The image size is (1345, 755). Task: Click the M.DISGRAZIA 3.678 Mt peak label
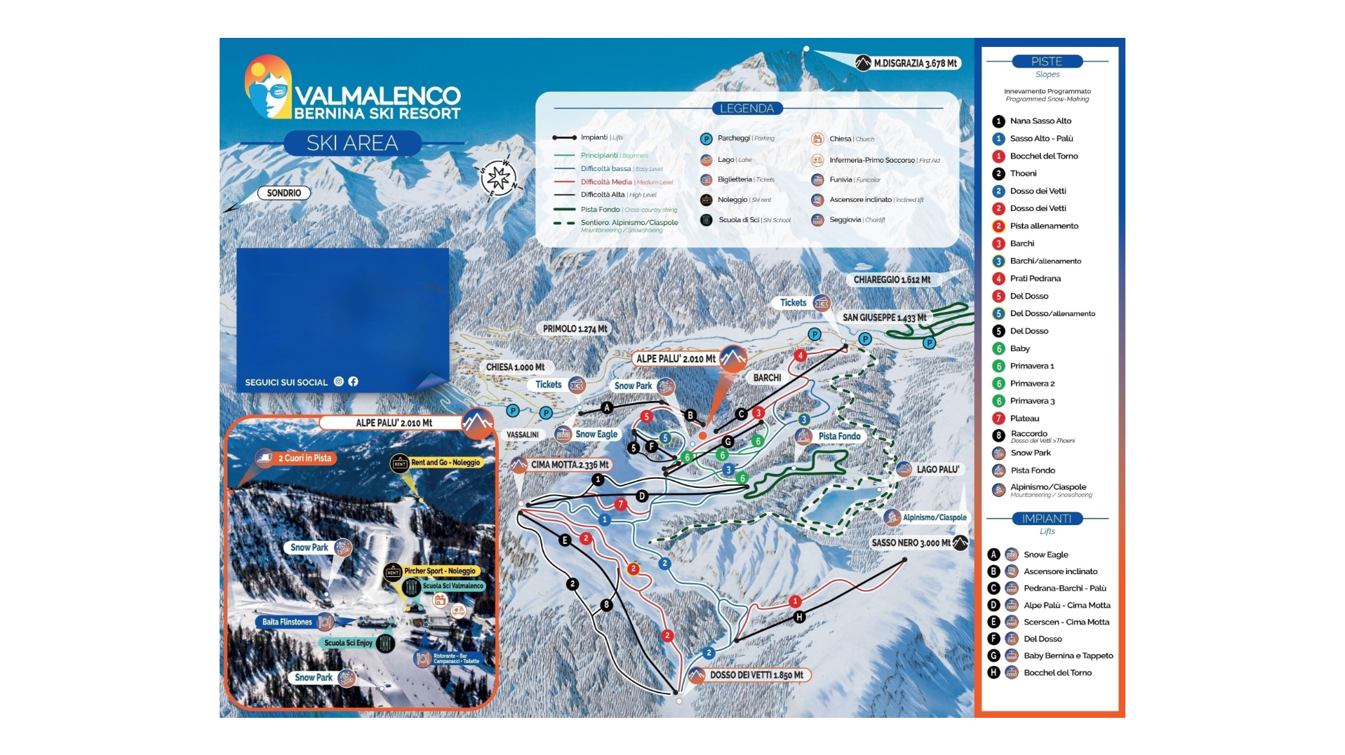[914, 63]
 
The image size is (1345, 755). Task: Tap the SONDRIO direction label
[283, 193]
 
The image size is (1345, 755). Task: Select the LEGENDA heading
[747, 109]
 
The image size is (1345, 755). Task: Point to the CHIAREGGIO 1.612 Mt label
[892, 280]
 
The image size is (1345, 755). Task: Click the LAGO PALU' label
[937, 469]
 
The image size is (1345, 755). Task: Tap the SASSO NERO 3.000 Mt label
[911, 543]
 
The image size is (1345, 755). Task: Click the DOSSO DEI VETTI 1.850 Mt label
[756, 675]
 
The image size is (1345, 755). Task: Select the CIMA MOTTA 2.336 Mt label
[569, 465]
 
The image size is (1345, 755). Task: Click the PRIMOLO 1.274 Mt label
[575, 329]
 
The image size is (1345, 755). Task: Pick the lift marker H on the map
[799, 617]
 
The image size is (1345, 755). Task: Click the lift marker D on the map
[641, 496]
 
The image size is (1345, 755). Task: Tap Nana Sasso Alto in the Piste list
[1040, 121]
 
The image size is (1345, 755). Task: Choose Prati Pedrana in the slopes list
[1035, 278]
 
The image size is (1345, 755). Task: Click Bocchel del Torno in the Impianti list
[1057, 672]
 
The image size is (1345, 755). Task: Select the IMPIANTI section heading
[1046, 519]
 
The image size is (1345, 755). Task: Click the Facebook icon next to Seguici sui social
[353, 381]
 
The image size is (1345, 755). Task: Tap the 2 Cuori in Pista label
[305, 458]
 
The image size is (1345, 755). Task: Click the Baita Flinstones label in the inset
[287, 622]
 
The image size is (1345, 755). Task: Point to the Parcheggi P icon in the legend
[706, 139]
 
